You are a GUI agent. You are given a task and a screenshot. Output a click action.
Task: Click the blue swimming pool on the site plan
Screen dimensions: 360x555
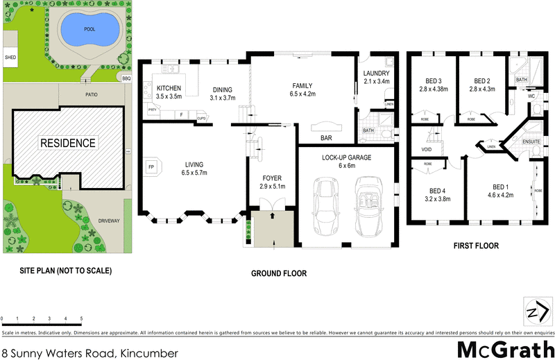pos(88,30)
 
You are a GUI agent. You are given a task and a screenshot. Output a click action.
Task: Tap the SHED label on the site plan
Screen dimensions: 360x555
pos(10,58)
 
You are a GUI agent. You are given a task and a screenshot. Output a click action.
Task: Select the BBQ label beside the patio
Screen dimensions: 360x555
pos(126,78)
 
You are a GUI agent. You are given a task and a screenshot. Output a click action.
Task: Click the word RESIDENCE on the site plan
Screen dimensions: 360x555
pos(67,143)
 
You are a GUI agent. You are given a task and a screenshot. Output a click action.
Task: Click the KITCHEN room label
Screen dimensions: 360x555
pos(169,88)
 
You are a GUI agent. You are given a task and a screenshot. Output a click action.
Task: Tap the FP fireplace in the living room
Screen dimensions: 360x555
pos(151,166)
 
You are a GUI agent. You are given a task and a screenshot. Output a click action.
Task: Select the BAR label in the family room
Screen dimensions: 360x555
pos(325,137)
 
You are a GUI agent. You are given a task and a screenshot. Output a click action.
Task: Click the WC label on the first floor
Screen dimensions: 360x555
pos(531,96)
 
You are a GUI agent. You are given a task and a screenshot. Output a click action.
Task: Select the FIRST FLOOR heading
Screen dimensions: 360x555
pos(475,246)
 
